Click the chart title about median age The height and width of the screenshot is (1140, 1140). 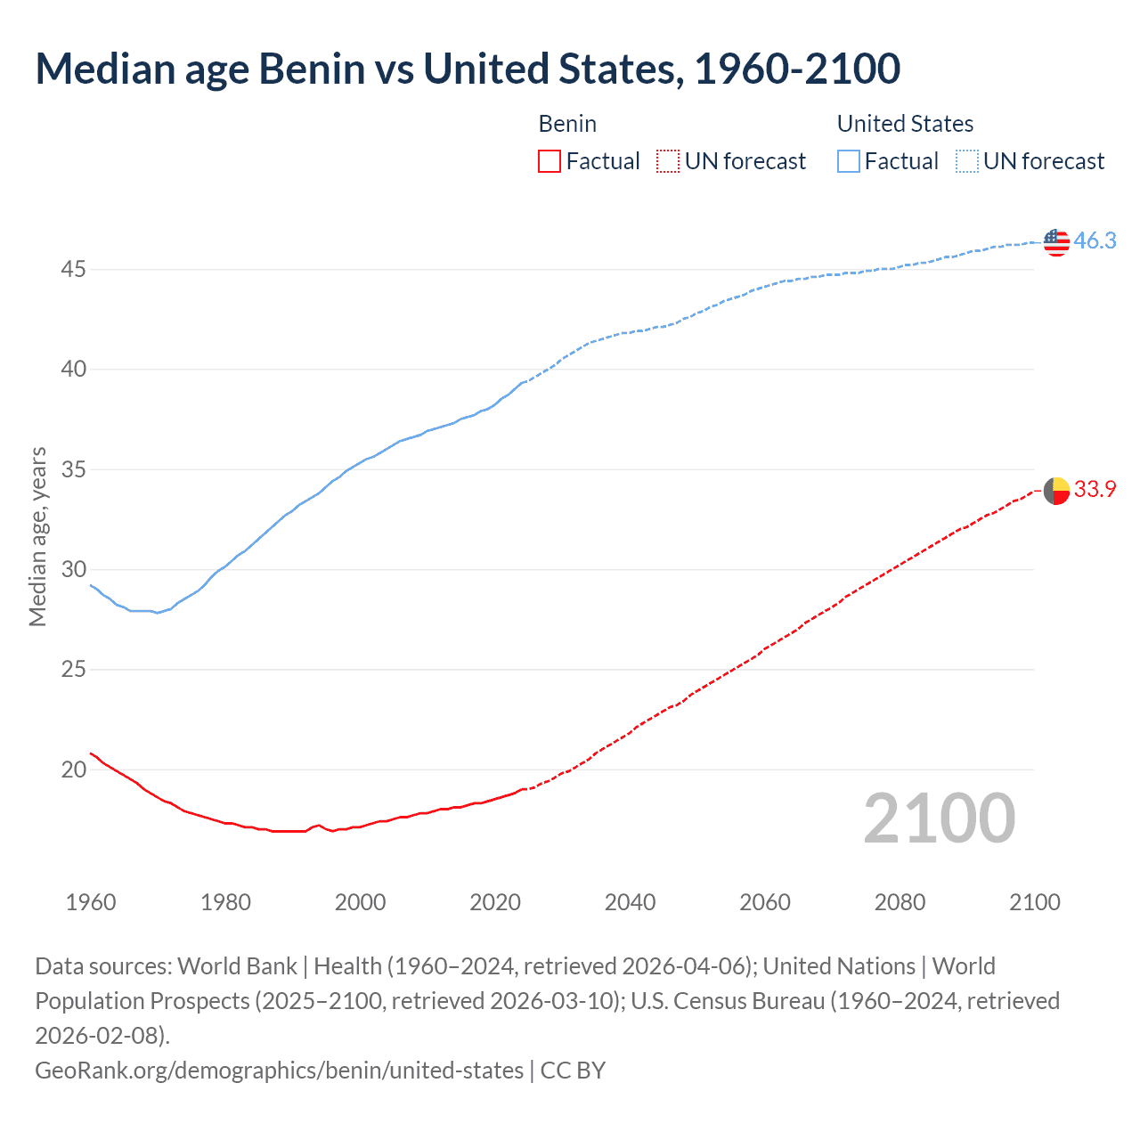[x=468, y=69]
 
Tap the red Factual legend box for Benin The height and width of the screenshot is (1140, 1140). [x=550, y=161]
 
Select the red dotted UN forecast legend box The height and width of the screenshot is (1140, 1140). [x=668, y=161]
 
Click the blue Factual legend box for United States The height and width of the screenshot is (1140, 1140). [x=849, y=161]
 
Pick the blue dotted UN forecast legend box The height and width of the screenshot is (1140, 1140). [x=967, y=161]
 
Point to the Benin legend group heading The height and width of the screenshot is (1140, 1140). [x=567, y=124]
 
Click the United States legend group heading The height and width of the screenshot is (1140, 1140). [x=905, y=124]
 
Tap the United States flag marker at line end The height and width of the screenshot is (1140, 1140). [x=1056, y=241]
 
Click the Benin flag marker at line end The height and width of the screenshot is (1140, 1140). [x=1056, y=490]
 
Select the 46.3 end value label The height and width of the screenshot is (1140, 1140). [x=1095, y=240]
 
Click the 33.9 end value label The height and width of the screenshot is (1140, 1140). [x=1095, y=489]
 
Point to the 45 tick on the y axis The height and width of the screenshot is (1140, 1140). [x=73, y=269]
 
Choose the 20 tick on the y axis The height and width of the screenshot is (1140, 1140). [x=73, y=769]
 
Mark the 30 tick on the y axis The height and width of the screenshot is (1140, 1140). [x=73, y=569]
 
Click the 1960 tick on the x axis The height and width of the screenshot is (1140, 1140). [x=91, y=902]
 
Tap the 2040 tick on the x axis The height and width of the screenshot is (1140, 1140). [x=630, y=902]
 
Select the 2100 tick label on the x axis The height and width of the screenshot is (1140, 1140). [x=1034, y=902]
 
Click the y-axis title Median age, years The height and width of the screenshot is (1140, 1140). [x=37, y=537]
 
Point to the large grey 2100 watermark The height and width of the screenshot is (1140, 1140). [x=939, y=818]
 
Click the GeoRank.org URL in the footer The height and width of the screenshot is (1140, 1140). [x=279, y=1070]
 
